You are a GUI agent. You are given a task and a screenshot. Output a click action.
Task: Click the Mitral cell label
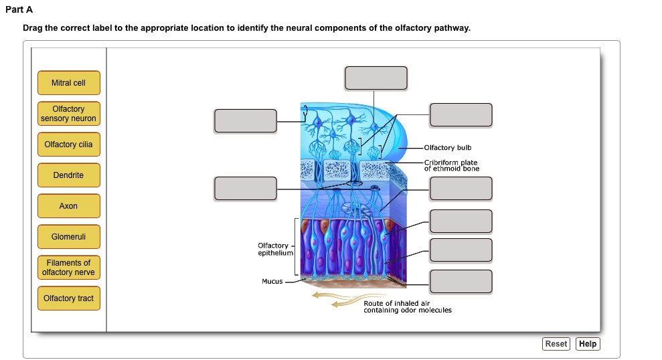pyautogui.click(x=68, y=83)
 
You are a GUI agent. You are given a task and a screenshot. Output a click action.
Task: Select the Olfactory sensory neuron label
pyautogui.click(x=68, y=114)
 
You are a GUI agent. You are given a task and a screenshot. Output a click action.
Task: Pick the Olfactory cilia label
pyautogui.click(x=68, y=145)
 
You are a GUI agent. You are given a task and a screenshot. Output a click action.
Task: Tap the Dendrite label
pyautogui.click(x=68, y=175)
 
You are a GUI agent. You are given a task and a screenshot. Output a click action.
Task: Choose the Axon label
pyautogui.click(x=68, y=206)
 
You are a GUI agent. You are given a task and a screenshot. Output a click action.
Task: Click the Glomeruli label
pyautogui.click(x=68, y=237)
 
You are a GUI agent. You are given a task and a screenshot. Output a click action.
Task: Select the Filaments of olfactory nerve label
pyautogui.click(x=68, y=268)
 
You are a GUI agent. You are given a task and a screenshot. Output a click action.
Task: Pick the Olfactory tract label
pyautogui.click(x=68, y=298)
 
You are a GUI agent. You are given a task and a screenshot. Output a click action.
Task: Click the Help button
pyautogui.click(x=588, y=344)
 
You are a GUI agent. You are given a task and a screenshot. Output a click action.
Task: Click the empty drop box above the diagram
pyautogui.click(x=376, y=78)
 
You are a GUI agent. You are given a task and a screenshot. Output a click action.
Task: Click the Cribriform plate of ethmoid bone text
pyautogui.click(x=451, y=166)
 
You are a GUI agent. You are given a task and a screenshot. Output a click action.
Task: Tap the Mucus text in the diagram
pyautogui.click(x=272, y=282)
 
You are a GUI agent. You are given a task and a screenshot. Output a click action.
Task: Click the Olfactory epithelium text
pyautogui.click(x=275, y=250)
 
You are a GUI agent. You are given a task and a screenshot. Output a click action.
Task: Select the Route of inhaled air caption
pyautogui.click(x=407, y=307)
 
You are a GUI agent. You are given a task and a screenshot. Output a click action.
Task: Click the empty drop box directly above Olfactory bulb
pyautogui.click(x=461, y=114)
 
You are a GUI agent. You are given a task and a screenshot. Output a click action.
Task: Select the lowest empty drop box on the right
pyautogui.click(x=461, y=281)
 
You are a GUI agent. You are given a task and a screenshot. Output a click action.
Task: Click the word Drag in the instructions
pyautogui.click(x=32, y=29)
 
